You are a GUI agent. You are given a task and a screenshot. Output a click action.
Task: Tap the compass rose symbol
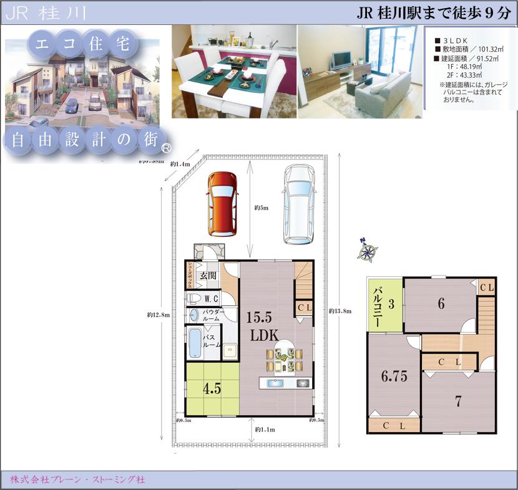click(368, 251)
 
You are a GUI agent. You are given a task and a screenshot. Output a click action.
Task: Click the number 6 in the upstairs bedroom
click(441, 304)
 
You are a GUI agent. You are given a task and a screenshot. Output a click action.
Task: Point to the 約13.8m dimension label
click(340, 310)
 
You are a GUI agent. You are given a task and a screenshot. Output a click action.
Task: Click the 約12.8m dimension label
click(159, 314)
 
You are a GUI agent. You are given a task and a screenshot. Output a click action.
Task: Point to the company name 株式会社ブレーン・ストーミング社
click(78, 479)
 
